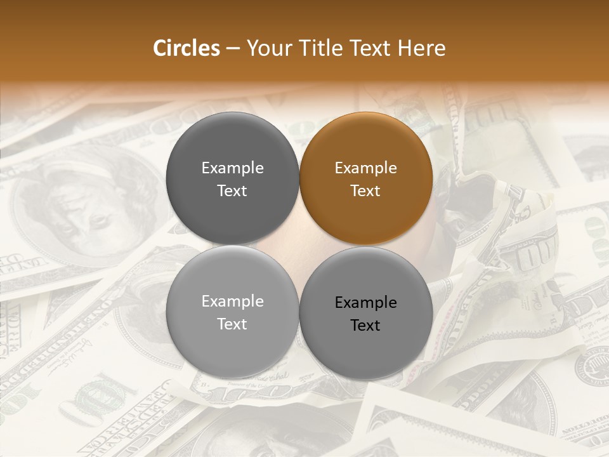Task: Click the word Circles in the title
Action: point(187,48)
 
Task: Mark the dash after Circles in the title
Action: point(233,49)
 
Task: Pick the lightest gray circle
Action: point(232,312)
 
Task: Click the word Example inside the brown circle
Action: point(365,168)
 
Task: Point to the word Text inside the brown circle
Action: point(365,191)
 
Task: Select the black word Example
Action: point(365,303)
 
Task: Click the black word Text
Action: point(365,326)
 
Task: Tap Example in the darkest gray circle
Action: point(232,168)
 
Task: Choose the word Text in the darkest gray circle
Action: point(232,191)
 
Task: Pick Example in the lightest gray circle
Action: point(232,301)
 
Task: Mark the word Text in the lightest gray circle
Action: point(232,324)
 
